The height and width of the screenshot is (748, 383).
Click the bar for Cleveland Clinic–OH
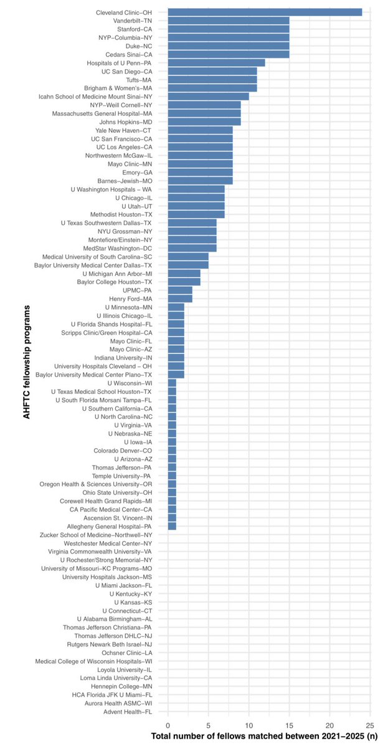pos(265,12)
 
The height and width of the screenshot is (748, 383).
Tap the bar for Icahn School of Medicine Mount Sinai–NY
pos(208,96)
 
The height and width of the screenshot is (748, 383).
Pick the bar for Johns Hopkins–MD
pos(204,122)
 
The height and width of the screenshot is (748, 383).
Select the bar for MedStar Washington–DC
pos(192,247)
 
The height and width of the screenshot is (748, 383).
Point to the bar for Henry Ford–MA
pos(179,299)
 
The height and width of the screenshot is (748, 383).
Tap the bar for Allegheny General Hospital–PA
pos(172,526)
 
